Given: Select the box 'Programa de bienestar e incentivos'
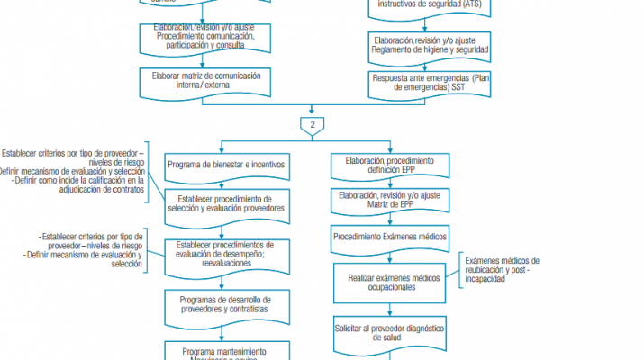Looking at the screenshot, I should coord(225,165).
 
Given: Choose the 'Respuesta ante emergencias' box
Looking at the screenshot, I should coord(431,83).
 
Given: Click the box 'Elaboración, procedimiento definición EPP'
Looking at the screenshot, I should coord(389,165).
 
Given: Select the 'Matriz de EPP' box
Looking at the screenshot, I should coord(389,200).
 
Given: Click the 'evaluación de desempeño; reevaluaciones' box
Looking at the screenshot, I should coord(225,253).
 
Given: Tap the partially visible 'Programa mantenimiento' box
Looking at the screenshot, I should coord(225,351).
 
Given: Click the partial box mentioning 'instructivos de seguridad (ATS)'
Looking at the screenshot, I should coord(431,5).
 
